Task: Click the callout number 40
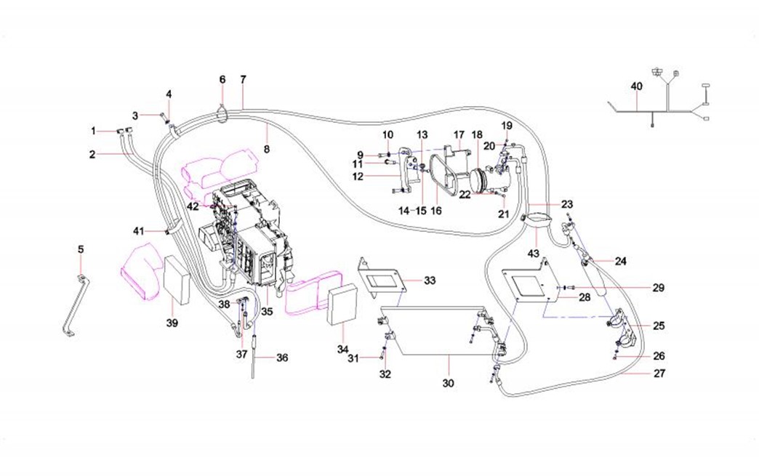pos(636,86)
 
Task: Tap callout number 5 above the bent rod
pos(81,249)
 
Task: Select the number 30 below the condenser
pos(448,383)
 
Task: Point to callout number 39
pos(172,322)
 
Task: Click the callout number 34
pos(343,350)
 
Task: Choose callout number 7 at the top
pos(243,78)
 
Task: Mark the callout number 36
pos(282,357)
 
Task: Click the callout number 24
pos(619,260)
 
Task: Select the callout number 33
pos(430,280)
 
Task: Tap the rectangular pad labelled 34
pos(344,306)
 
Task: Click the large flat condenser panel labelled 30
pos(436,331)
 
